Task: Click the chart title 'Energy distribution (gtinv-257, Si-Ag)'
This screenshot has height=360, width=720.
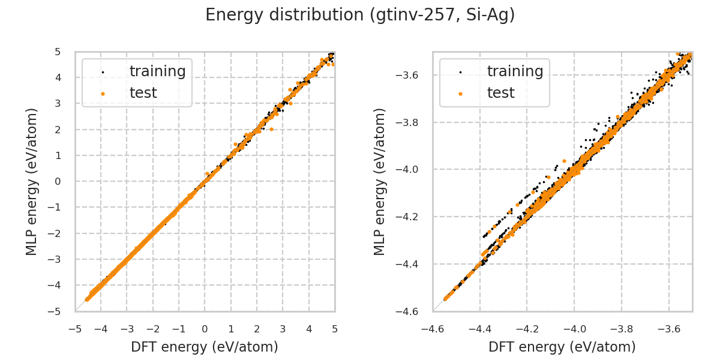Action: [360, 15]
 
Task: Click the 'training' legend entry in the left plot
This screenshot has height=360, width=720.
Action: [157, 71]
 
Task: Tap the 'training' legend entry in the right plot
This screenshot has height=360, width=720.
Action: [515, 71]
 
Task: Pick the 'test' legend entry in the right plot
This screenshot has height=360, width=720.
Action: [500, 93]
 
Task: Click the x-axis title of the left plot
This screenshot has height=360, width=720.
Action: [205, 347]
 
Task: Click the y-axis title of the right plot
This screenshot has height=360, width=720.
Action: [380, 181]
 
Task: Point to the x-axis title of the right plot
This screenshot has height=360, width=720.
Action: [562, 347]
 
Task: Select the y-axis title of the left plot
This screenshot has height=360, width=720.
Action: [32, 181]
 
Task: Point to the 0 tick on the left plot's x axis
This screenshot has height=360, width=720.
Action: [205, 329]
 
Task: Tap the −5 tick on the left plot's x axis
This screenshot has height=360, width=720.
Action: [75, 329]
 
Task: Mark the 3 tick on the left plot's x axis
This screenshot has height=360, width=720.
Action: [283, 329]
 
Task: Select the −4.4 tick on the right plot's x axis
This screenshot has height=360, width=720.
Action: [479, 329]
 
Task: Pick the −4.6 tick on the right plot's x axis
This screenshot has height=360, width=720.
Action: [433, 329]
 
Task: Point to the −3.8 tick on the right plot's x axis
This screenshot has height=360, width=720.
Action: [622, 329]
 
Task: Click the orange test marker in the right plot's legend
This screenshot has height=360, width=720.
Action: [460, 94]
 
